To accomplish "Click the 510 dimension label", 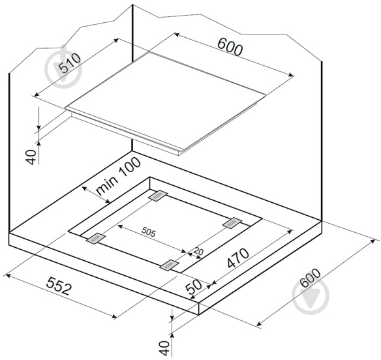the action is [70, 63].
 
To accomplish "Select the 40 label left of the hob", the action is [31, 157].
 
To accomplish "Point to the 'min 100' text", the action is [118, 175].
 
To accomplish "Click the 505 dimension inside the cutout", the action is [149, 232].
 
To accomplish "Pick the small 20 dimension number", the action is [199, 251].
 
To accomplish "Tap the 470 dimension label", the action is [238, 258].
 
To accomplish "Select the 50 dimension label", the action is [194, 287].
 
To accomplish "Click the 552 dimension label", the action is [59, 286].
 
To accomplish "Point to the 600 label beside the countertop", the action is [311, 278].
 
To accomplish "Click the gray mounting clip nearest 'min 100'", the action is [158, 195].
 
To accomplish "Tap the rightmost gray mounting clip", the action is [232, 223].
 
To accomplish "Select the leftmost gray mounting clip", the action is [96, 238].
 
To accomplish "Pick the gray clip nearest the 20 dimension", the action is [169, 265].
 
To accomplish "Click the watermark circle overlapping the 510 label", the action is [63, 69].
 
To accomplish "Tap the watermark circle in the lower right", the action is [311, 296].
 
